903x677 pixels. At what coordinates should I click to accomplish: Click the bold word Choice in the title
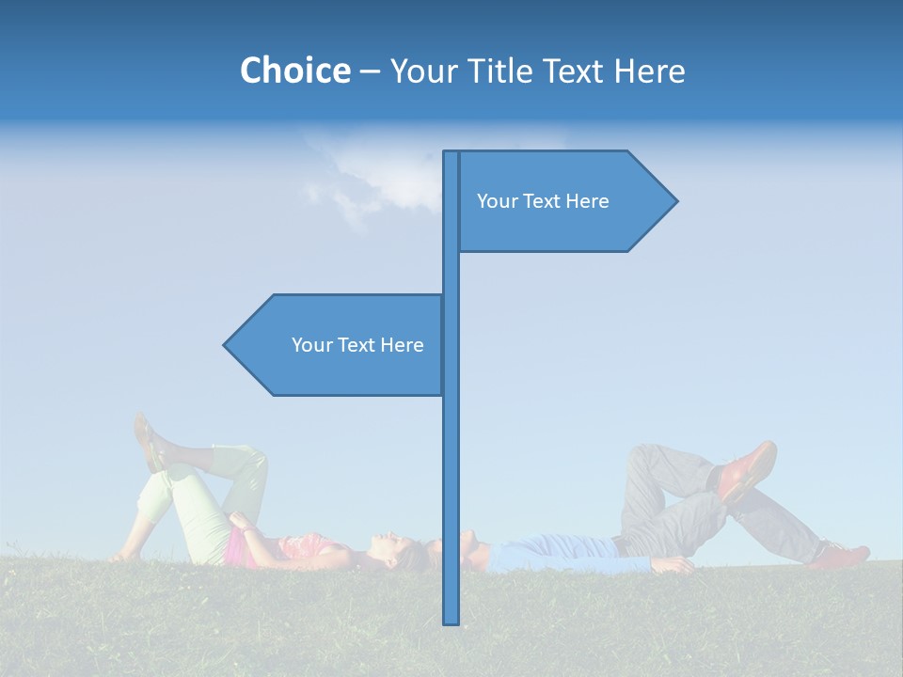294,71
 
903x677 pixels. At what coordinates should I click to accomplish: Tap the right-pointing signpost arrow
564,201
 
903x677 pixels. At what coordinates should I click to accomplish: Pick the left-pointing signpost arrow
339,345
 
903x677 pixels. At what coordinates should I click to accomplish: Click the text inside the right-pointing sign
543,201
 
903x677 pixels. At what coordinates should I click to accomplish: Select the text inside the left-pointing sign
357,345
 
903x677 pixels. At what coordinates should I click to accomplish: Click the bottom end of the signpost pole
451,621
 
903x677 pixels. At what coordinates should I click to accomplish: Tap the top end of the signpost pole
451,154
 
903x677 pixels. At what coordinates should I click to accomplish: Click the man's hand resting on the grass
673,565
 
